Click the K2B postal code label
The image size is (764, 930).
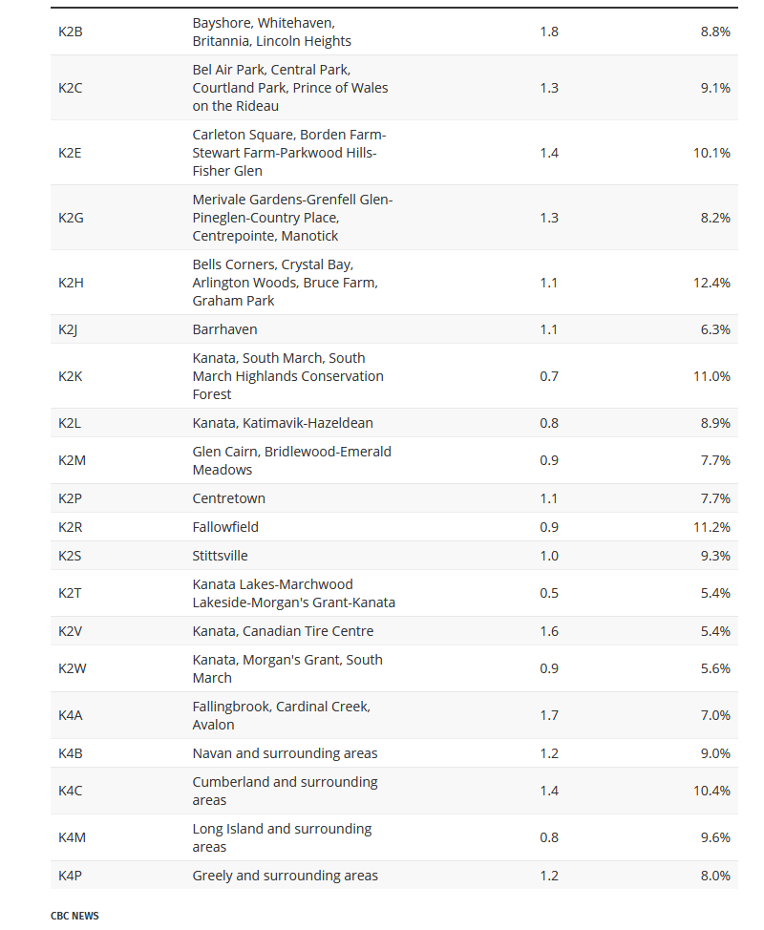71,32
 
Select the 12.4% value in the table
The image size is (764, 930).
711,283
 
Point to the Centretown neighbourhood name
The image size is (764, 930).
229,498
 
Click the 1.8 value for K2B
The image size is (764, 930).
549,32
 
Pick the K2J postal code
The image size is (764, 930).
67,329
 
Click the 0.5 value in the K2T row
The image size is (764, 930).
549,593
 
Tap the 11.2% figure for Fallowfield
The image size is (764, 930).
711,527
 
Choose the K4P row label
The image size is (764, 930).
70,876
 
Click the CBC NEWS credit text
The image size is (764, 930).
74,916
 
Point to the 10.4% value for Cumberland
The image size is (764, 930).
711,791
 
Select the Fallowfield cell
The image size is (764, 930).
225,527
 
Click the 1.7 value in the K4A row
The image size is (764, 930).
549,715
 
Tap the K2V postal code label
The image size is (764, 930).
70,631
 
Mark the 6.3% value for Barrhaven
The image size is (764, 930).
714,329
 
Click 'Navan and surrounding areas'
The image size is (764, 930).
285,753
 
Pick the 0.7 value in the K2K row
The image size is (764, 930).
549,376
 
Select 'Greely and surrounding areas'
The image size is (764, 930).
285,876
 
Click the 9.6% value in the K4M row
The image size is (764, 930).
714,837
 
